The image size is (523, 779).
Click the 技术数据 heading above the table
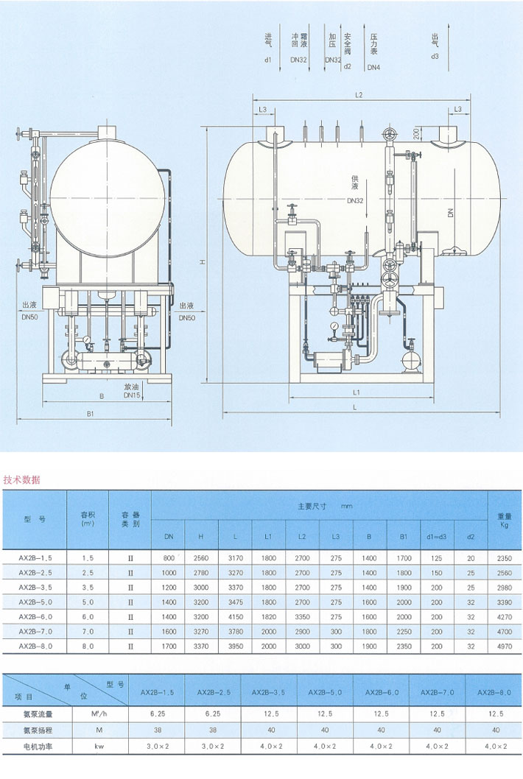point(23,479)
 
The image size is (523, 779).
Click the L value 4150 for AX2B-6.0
point(236,616)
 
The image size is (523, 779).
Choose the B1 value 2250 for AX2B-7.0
point(404,631)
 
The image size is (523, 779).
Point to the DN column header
point(169,536)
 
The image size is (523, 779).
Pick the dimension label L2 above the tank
point(359,95)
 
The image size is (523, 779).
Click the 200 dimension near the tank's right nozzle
point(417,135)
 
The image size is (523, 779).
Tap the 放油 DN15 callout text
point(133,390)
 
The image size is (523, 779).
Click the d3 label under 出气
point(435,57)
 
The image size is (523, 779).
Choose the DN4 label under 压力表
point(373,68)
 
